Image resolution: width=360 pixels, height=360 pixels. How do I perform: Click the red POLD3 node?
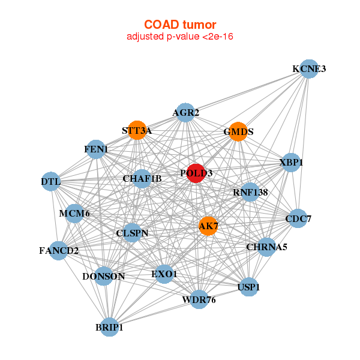tap(196, 173)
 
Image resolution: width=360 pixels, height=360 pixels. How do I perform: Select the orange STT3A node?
tap(137, 130)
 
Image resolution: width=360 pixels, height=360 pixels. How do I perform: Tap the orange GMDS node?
tap(238, 131)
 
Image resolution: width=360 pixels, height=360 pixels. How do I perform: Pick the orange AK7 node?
tap(208, 226)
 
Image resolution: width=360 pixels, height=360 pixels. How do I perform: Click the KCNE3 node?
tap(309, 68)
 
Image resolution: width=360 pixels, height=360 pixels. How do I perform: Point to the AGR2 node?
tap(185, 112)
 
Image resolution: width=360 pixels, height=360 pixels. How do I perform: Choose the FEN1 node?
tap(96, 149)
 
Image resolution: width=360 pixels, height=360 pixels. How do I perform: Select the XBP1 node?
tap(291, 163)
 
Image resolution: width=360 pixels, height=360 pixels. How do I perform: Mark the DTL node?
tap(51, 181)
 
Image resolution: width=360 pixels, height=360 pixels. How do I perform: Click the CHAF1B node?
tap(142, 178)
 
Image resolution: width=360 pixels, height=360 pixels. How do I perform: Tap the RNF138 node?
tap(250, 193)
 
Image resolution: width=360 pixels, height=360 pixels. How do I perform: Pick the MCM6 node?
tap(74, 213)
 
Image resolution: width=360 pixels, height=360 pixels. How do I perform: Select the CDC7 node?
tap(298, 219)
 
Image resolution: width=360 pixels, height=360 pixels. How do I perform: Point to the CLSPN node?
tap(132, 233)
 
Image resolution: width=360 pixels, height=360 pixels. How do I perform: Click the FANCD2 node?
tap(59, 250)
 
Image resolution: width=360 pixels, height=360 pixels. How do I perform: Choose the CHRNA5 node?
tap(266, 247)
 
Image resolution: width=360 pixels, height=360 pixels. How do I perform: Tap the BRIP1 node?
tap(109, 328)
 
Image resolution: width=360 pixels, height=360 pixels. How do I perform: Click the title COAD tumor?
tap(179, 25)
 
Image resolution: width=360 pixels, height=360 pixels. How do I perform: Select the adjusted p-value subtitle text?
tap(179, 37)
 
